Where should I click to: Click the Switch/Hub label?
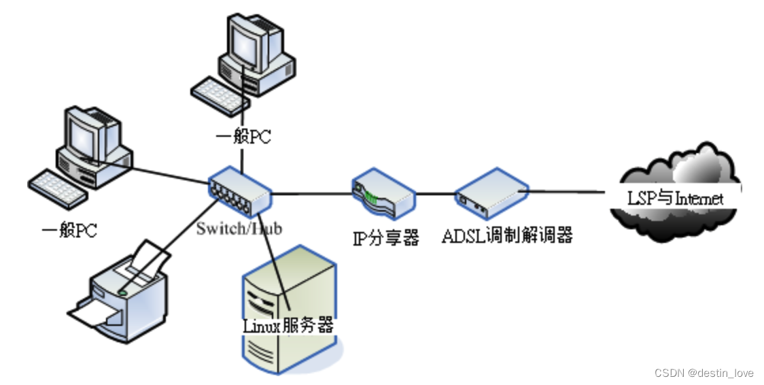[x=239, y=228]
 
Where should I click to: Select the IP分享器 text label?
[x=385, y=237]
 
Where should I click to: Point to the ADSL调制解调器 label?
[x=507, y=236]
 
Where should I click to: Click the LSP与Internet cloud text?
[x=675, y=199]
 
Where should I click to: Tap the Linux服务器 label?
[x=288, y=325]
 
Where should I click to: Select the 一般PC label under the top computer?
[x=243, y=137]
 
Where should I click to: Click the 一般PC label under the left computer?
[x=69, y=231]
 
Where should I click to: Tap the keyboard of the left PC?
[x=58, y=188]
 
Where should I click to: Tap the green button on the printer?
[x=123, y=292]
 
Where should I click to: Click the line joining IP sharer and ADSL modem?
[x=435, y=194]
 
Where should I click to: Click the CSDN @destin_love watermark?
[x=704, y=373]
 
